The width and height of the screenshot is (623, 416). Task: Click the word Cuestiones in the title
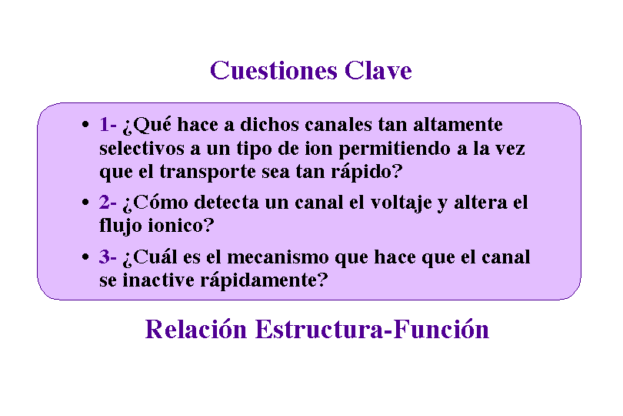pyautogui.click(x=274, y=70)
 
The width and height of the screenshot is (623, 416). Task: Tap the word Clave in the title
pyautogui.click(x=378, y=70)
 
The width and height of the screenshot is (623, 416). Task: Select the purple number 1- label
pyautogui.click(x=108, y=124)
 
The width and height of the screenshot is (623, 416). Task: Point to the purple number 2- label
pyautogui.click(x=108, y=203)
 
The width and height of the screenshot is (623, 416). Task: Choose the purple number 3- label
pyautogui.click(x=108, y=257)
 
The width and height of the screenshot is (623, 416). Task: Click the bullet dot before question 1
pyautogui.click(x=85, y=125)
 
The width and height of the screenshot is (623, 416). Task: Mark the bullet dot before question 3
pyautogui.click(x=85, y=257)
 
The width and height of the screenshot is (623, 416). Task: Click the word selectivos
pyautogui.click(x=142, y=149)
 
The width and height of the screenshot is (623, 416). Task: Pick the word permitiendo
pyautogui.click(x=395, y=149)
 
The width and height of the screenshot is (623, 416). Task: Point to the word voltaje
pyautogui.click(x=401, y=203)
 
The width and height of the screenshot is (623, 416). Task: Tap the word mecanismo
pyautogui.click(x=278, y=257)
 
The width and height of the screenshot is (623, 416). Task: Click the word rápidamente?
pyautogui.click(x=264, y=280)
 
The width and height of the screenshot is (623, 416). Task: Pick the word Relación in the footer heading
pyautogui.click(x=196, y=330)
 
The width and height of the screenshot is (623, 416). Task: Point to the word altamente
pyautogui.click(x=458, y=125)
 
